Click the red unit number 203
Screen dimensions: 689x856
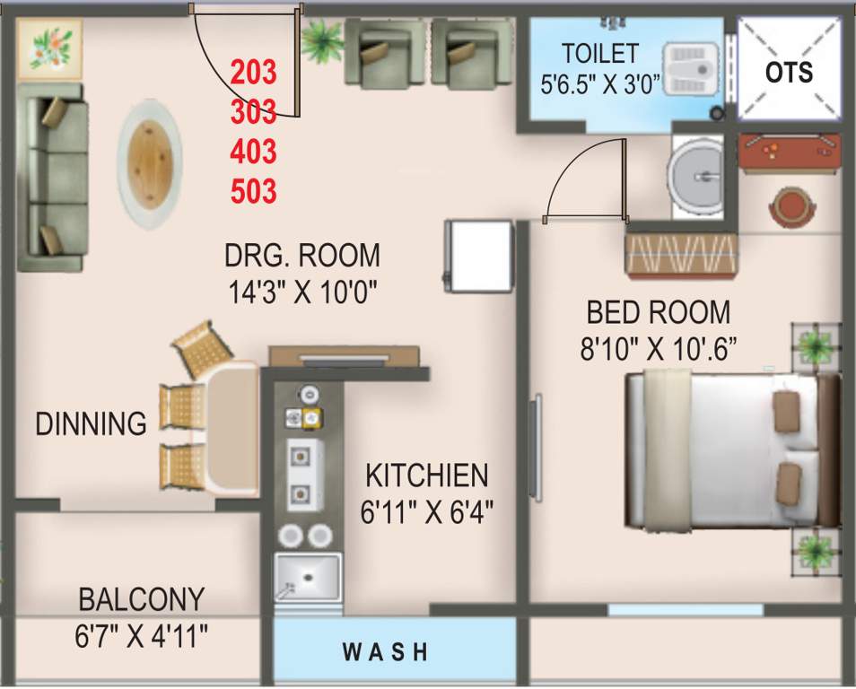point(253,70)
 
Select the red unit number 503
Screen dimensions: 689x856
point(253,190)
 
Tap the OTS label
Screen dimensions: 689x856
point(790,72)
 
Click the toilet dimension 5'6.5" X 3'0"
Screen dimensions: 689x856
point(600,85)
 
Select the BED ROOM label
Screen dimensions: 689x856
point(658,312)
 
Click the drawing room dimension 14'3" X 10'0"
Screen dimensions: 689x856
point(301,291)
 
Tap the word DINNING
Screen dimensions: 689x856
point(91,423)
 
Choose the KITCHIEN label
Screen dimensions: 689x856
point(426,475)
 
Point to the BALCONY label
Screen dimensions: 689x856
point(141,598)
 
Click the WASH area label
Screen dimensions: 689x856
point(386,650)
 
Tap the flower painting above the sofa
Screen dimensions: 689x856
point(50,47)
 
